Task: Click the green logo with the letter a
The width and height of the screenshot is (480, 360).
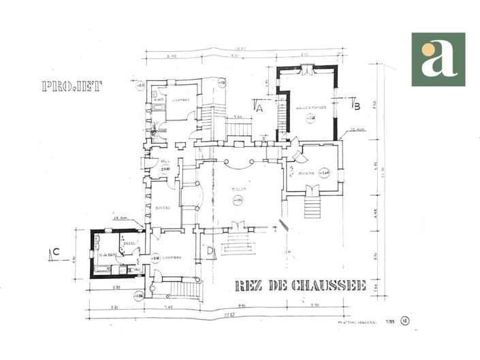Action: click(x=438, y=59)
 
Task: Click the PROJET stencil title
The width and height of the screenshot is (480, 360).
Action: click(x=72, y=86)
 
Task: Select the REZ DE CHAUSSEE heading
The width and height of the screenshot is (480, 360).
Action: click(x=300, y=285)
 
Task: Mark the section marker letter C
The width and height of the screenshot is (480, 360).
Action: click(x=57, y=253)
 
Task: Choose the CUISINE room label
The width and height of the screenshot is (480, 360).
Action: click(x=305, y=174)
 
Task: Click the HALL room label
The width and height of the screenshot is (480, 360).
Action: click(x=164, y=161)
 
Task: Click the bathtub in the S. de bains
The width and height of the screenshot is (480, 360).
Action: click(x=103, y=272)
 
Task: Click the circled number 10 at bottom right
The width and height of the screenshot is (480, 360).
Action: click(x=406, y=319)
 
